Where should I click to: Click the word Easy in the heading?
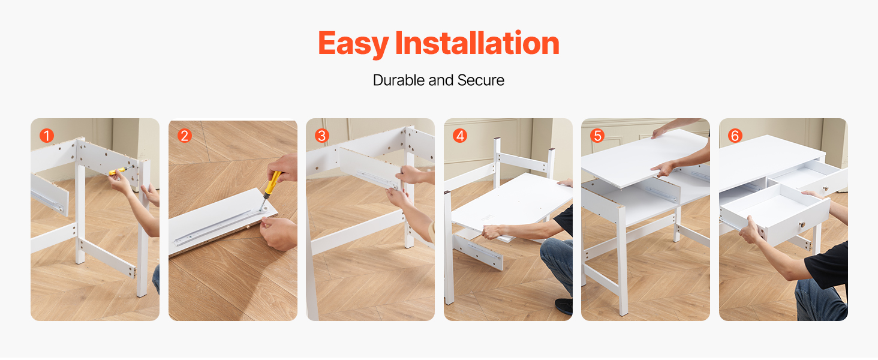click(353, 44)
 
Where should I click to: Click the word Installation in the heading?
click(477, 43)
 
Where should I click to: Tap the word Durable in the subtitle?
click(399, 80)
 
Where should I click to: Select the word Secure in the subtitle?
click(480, 80)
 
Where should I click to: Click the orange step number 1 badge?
click(47, 136)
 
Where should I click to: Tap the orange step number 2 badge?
click(184, 136)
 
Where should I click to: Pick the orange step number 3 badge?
click(322, 136)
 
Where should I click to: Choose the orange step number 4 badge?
click(460, 136)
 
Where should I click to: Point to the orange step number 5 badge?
click(597, 136)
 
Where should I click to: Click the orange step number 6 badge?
click(735, 136)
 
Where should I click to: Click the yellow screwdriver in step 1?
click(119, 170)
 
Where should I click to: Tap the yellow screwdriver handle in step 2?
click(272, 183)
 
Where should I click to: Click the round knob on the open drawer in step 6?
click(802, 225)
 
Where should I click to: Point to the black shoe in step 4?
click(564, 306)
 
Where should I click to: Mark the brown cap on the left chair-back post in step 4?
click(497, 139)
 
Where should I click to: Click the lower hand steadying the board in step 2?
click(278, 233)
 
